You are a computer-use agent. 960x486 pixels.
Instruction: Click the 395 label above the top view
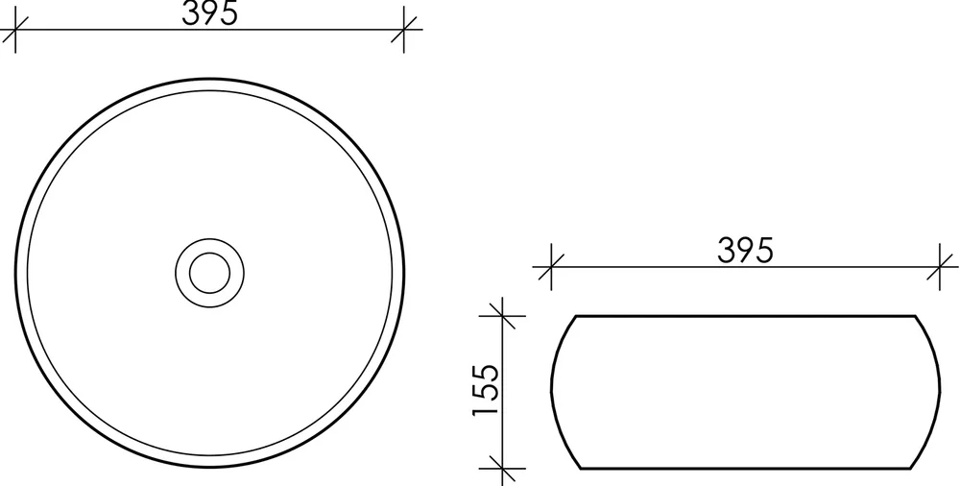pyautogui.click(x=209, y=12)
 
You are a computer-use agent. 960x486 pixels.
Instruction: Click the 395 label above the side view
pyautogui.click(x=745, y=250)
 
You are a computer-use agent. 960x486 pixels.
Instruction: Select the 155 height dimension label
pyautogui.click(x=486, y=390)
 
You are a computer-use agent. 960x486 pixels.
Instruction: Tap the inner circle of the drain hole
pyautogui.click(x=209, y=273)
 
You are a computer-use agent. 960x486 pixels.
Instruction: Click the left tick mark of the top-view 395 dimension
pyautogui.click(x=15, y=30)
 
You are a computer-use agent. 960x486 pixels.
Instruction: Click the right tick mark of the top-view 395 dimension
pyautogui.click(x=403, y=30)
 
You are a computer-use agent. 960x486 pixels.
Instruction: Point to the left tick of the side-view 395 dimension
pyautogui.click(x=551, y=267)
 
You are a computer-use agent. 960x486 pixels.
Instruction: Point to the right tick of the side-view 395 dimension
pyautogui.click(x=939, y=267)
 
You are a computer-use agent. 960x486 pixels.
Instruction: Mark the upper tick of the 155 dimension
pyautogui.click(x=502, y=316)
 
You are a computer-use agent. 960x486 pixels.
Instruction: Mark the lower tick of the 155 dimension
pyautogui.click(x=502, y=469)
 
